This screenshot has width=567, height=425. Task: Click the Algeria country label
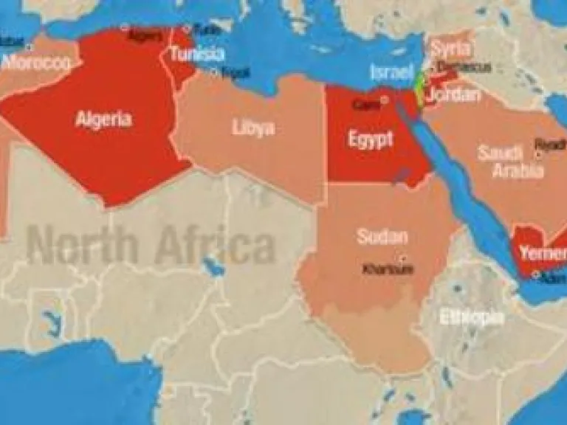(103, 119)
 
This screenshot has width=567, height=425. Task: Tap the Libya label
(253, 128)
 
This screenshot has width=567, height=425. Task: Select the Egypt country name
(371, 139)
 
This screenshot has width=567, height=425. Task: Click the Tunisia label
(196, 54)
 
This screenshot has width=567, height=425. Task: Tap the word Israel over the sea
(391, 72)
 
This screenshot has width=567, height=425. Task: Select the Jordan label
(454, 94)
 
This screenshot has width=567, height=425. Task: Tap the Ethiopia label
(472, 318)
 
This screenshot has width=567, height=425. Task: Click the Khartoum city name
(388, 269)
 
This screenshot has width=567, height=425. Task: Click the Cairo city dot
(384, 98)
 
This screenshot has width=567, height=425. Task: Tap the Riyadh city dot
(539, 153)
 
